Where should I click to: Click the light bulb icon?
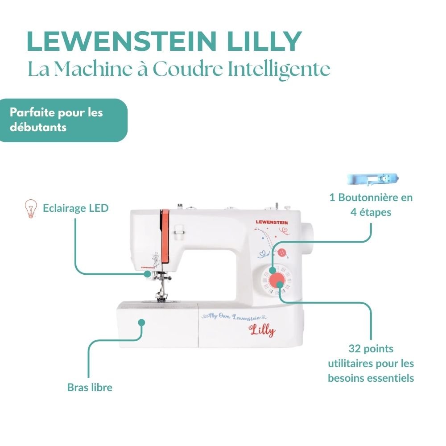click(x=30, y=209)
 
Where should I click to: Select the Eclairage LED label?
click(x=75, y=208)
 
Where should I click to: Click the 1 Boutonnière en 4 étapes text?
click(x=371, y=205)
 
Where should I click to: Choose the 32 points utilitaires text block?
click(x=371, y=363)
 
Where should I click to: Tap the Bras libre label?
click(x=90, y=387)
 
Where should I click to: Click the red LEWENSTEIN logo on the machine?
click(x=271, y=222)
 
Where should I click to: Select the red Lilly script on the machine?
click(x=262, y=330)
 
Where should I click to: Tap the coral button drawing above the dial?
click(x=281, y=253)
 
